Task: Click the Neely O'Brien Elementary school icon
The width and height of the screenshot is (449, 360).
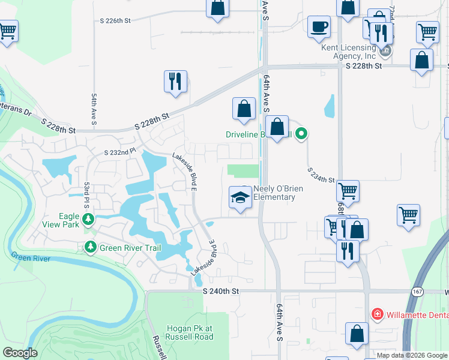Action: point(240,197)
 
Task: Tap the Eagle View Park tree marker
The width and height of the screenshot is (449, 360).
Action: point(88,219)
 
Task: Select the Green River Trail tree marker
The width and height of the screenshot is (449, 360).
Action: point(91,247)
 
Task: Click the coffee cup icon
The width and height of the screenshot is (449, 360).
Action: point(319,26)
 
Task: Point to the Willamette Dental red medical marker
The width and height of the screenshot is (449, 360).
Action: point(377,313)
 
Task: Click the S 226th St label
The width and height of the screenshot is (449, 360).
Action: point(115,20)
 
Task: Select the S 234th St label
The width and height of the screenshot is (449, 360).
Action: point(321,175)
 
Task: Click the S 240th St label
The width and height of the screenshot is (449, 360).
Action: point(221,291)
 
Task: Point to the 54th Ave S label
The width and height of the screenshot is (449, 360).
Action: point(94,106)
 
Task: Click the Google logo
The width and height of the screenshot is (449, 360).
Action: point(20,353)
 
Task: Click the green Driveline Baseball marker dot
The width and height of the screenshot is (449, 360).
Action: point(302,134)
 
